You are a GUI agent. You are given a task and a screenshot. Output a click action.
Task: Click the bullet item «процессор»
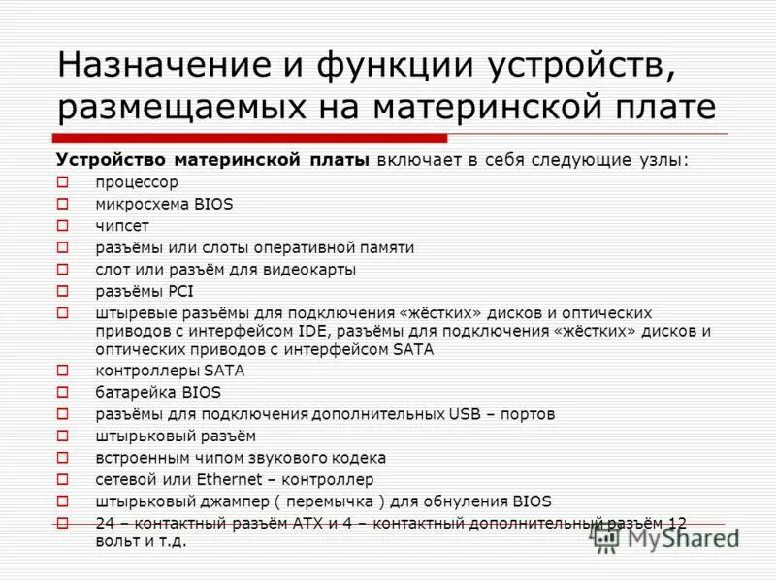137,182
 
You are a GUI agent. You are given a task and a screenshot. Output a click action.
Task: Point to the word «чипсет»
121,226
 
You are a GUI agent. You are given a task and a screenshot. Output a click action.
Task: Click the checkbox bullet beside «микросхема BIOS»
63,204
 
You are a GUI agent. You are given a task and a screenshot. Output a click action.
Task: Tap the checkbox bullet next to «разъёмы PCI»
63,290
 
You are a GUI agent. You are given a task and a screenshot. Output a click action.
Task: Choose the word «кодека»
356,458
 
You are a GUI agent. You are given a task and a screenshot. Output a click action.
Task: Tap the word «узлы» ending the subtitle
659,160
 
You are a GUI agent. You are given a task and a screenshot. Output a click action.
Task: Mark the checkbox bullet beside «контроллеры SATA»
63,371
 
